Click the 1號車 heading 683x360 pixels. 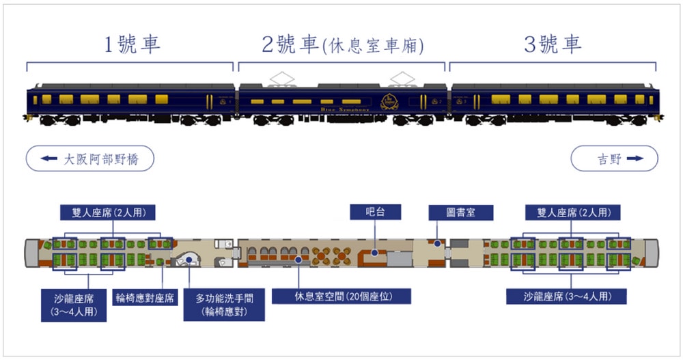pyautogui.click(x=132, y=44)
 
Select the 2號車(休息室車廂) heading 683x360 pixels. pyautogui.click(x=343, y=45)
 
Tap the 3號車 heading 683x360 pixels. pyautogui.click(x=553, y=44)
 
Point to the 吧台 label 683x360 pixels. pyautogui.click(x=374, y=212)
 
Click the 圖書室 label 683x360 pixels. pyautogui.click(x=461, y=212)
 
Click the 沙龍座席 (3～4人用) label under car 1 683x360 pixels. pyautogui.click(x=72, y=304)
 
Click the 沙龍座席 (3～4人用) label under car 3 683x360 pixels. pyautogui.click(x=566, y=296)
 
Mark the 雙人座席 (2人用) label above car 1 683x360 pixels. pyautogui.click(x=108, y=212)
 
